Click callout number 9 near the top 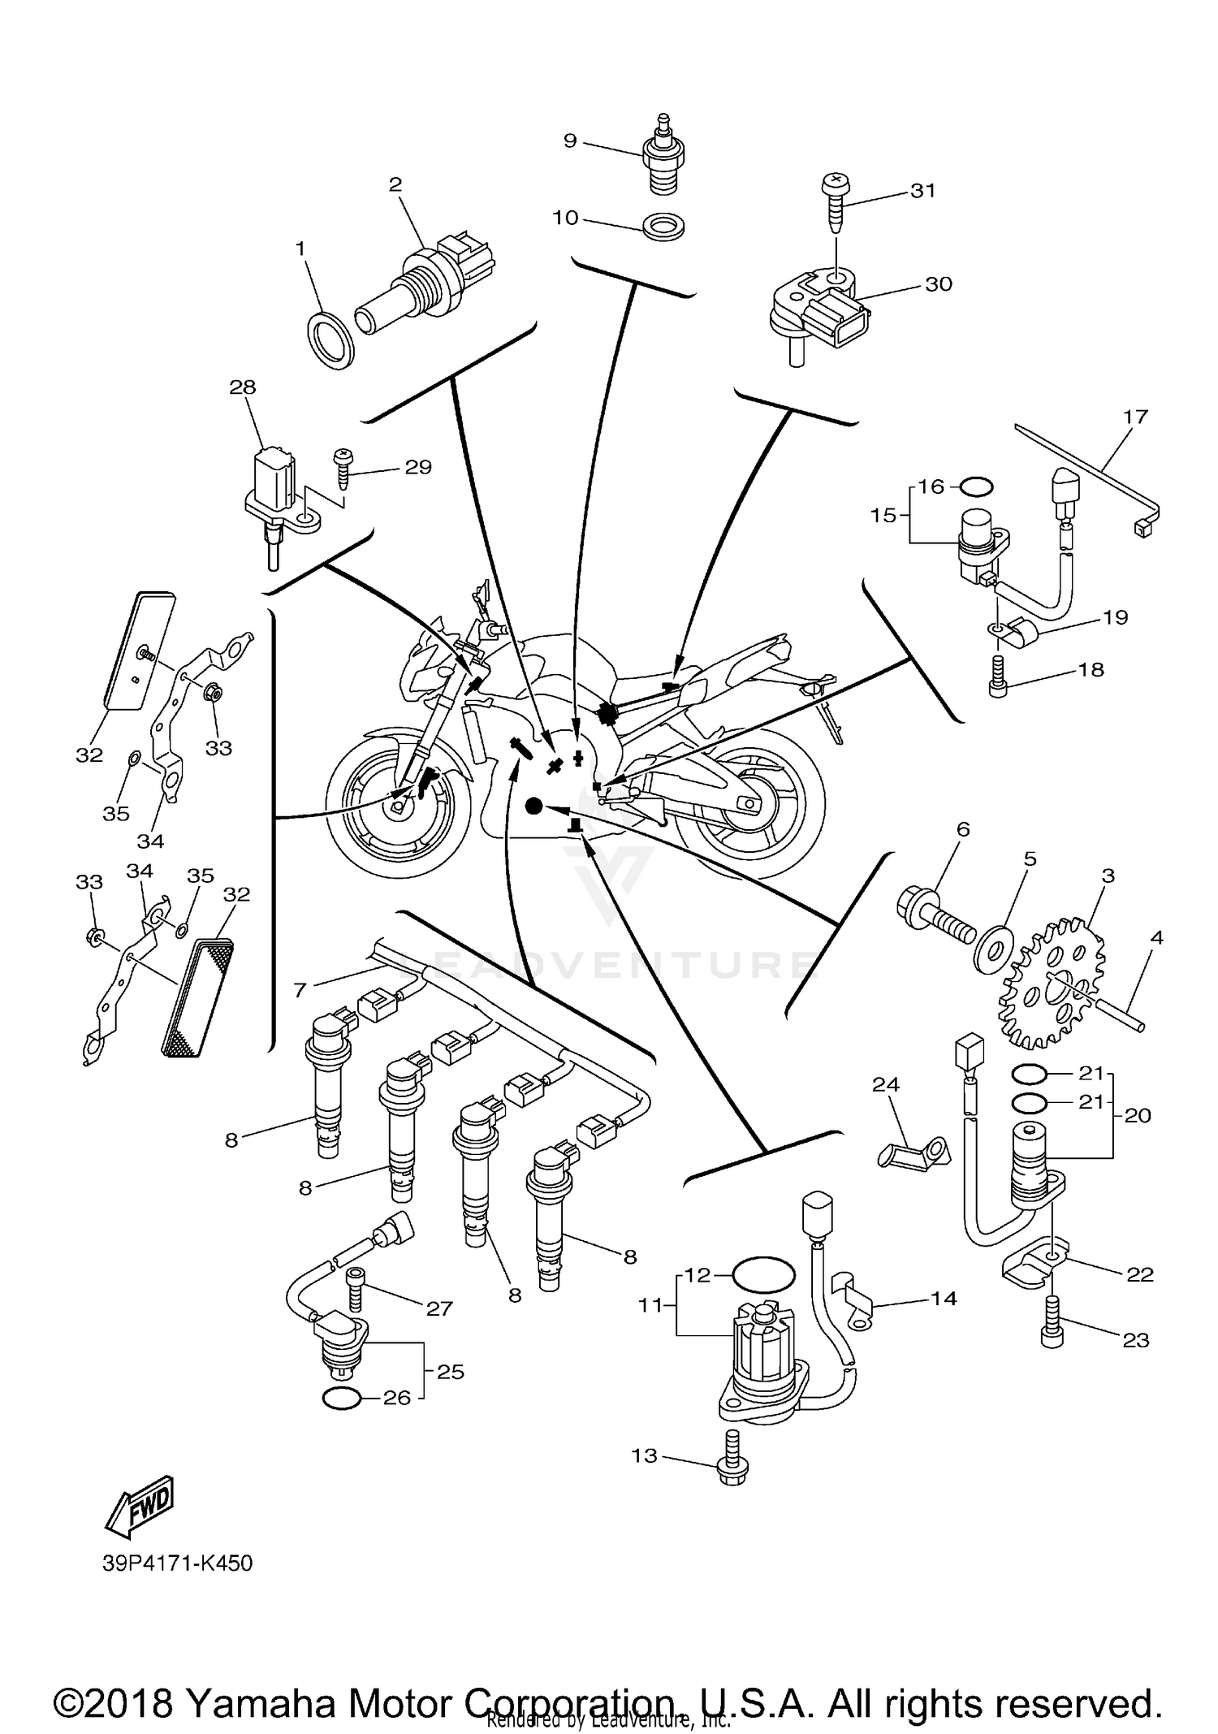[x=570, y=141]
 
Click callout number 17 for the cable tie [x=1135, y=417]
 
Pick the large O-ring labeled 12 [x=763, y=1276]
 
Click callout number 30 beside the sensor [x=939, y=284]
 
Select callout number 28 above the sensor [x=243, y=387]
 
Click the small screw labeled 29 [x=343, y=469]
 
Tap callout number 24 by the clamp [x=886, y=1084]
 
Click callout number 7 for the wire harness [x=300, y=990]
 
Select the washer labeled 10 [x=663, y=227]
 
